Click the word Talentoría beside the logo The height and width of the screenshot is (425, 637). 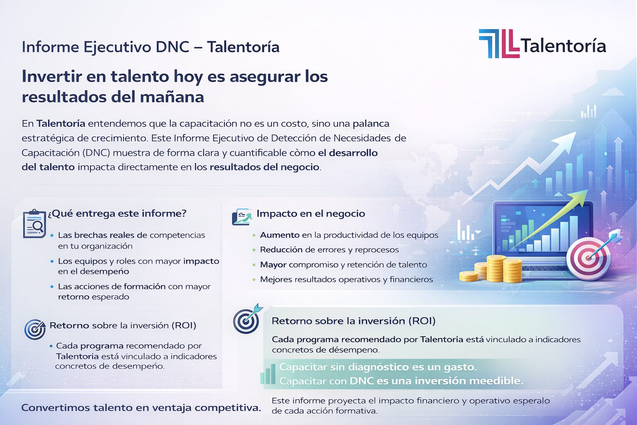(563, 46)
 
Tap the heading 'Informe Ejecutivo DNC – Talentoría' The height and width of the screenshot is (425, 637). (150, 47)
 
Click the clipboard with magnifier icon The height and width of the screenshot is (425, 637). (34, 224)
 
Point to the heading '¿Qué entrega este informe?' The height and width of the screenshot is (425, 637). (117, 213)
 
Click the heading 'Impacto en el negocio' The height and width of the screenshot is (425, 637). (311, 214)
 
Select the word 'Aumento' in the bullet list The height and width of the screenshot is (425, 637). (280, 235)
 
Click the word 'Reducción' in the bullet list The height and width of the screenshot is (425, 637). (281, 250)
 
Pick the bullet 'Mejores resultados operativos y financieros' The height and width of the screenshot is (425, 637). (346, 279)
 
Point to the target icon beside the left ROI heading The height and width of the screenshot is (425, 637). (35, 329)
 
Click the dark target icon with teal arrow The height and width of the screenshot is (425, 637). (247, 320)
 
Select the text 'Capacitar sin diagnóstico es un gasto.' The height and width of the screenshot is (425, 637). (378, 367)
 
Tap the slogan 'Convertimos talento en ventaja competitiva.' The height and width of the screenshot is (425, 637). (141, 408)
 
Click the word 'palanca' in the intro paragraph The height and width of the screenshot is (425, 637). (371, 124)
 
